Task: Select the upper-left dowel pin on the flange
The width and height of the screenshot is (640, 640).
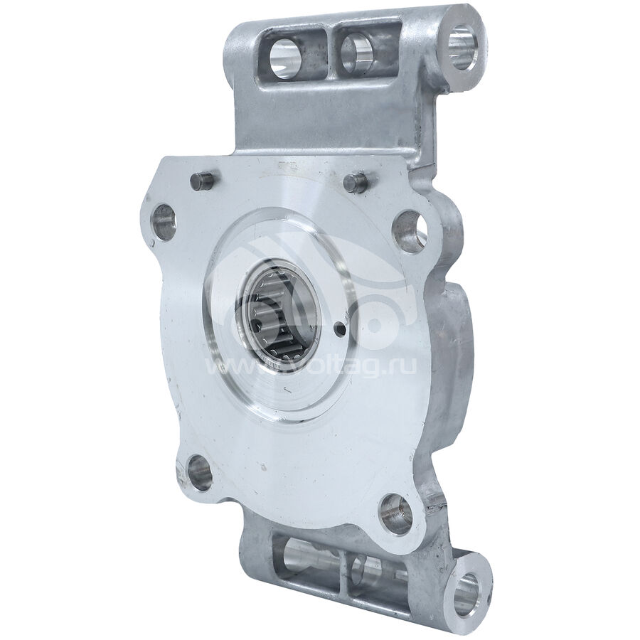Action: pyautogui.click(x=202, y=181)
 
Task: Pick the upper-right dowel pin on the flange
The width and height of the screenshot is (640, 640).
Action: pyautogui.click(x=356, y=181)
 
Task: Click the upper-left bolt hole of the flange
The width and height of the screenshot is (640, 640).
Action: pyautogui.click(x=164, y=222)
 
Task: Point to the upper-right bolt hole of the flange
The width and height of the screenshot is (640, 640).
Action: pyautogui.click(x=410, y=231)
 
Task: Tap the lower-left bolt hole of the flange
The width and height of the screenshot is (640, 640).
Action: pyautogui.click(x=200, y=473)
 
